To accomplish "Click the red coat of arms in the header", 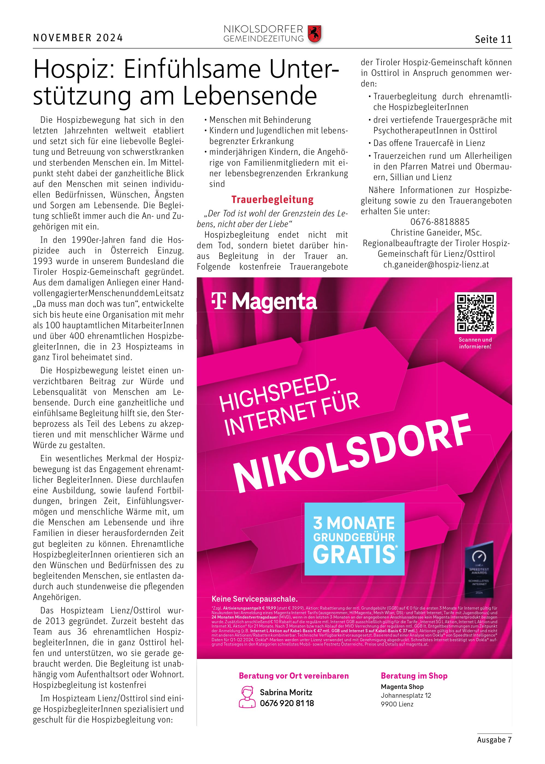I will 315,34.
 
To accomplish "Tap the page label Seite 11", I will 493,40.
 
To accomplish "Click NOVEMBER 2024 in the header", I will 78,38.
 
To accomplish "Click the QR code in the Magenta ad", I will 475,313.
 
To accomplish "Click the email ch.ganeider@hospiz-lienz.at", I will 436,265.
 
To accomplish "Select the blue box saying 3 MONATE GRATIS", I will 354,539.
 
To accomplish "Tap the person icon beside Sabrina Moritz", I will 247,697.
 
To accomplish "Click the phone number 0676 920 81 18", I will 287,703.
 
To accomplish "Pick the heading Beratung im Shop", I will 414,676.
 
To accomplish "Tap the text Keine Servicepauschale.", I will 254,599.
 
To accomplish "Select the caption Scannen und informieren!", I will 475,343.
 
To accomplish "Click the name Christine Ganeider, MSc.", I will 436,232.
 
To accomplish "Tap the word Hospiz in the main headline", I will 75,69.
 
